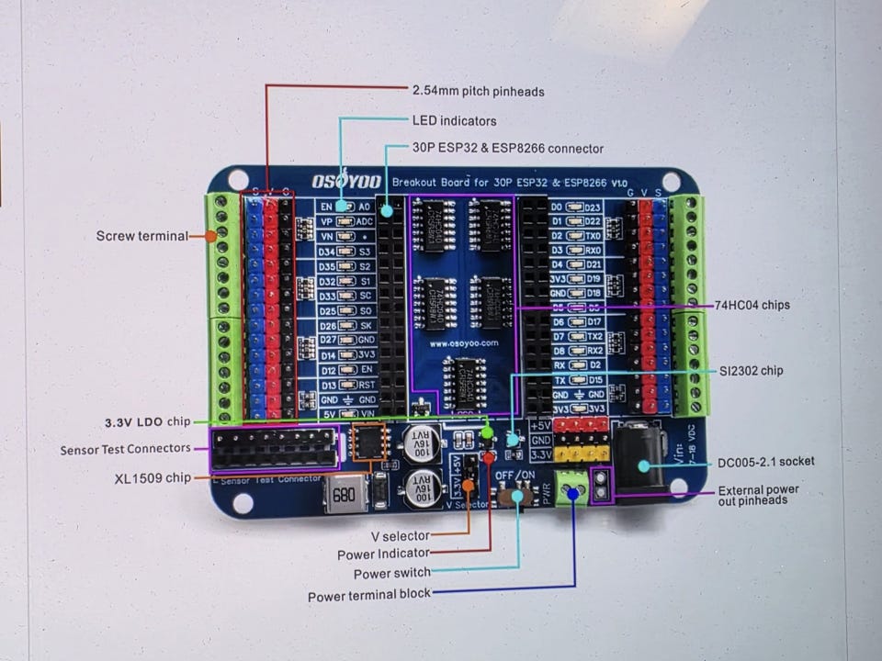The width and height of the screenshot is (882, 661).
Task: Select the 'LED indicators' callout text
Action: [x=454, y=120]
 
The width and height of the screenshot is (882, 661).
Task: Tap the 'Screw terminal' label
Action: [x=141, y=236]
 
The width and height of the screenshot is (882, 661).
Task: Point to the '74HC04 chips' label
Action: [x=752, y=305]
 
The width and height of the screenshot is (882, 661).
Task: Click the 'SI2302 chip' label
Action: [x=752, y=370]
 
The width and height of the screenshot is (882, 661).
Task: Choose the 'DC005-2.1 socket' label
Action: [x=766, y=461]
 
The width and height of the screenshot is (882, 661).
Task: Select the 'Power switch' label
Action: [x=392, y=574]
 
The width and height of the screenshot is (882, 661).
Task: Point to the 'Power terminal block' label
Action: [x=369, y=595]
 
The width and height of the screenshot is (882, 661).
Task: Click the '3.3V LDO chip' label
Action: [x=147, y=421]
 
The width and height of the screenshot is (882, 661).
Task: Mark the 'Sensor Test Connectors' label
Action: [x=126, y=450]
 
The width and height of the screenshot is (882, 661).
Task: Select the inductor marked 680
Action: [x=343, y=496]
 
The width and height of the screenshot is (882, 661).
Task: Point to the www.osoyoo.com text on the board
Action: [x=463, y=342]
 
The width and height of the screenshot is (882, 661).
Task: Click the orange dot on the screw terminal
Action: [x=211, y=236]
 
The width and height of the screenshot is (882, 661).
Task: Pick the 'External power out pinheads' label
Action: [x=758, y=495]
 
